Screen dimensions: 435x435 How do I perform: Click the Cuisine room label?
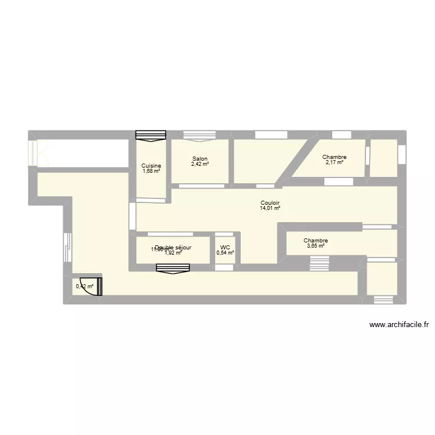click(x=151, y=166)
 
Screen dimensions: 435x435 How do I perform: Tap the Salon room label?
click(x=200, y=159)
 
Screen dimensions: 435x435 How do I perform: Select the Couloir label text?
click(x=270, y=203)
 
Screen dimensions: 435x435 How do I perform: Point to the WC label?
click(x=225, y=247)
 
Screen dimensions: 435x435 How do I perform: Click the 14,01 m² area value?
click(x=270, y=208)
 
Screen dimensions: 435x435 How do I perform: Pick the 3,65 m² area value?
click(x=316, y=246)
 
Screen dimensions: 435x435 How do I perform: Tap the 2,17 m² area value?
click(x=335, y=162)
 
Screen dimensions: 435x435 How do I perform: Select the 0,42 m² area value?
click(x=84, y=286)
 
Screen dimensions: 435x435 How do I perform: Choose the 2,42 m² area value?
click(x=200, y=164)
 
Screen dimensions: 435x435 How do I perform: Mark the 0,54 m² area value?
click(x=225, y=253)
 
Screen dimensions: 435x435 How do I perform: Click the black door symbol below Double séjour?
click(x=173, y=268)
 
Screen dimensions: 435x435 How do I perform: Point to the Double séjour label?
click(x=173, y=247)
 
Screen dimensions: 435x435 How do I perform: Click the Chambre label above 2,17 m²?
click(x=335, y=157)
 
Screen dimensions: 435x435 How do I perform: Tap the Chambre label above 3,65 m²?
click(x=316, y=241)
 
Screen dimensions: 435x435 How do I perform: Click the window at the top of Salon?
click(x=200, y=135)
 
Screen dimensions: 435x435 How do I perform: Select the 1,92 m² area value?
click(x=173, y=253)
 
